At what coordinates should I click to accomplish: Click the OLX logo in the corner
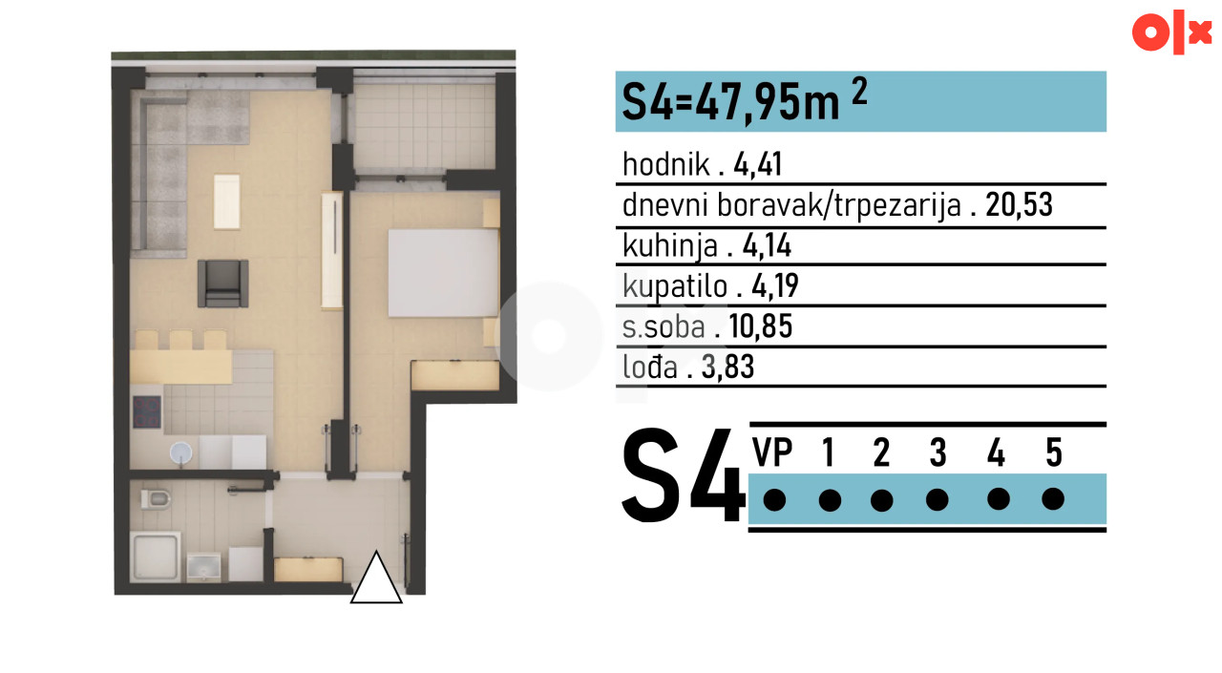coord(1171,32)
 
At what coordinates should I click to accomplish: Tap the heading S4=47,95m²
coord(744,100)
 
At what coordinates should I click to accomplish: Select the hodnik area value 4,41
coord(758,164)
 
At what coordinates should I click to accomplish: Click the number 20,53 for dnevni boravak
coord(1019,205)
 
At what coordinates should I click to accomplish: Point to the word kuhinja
coord(670,246)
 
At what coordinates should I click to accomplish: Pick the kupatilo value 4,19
coord(775,285)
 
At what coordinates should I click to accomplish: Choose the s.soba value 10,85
coord(761,326)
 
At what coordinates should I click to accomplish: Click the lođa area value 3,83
coord(727,367)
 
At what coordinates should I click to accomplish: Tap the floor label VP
coord(772,452)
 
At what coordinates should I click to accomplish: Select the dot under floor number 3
coord(938,499)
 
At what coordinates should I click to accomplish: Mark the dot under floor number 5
coord(1053,499)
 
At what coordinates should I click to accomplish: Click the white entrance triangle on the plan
coord(376,578)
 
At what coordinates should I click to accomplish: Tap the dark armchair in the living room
coord(222,284)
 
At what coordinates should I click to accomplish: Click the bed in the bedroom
coord(444,273)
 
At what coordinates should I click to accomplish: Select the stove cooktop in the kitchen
coord(147,411)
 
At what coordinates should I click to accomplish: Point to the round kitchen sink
coord(181,452)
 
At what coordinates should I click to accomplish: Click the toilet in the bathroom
coord(156,498)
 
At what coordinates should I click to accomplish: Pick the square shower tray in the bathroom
coord(156,557)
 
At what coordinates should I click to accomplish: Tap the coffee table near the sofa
coord(227,201)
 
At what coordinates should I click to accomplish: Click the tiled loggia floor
coord(425,125)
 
